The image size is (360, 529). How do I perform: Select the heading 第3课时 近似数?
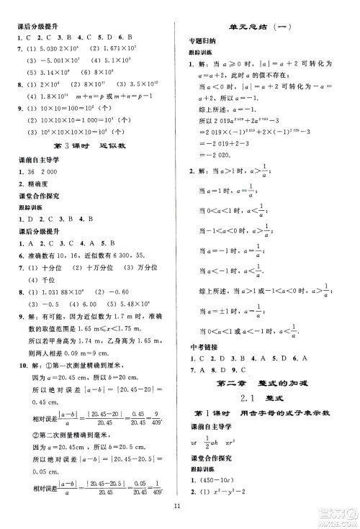point(84,146)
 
